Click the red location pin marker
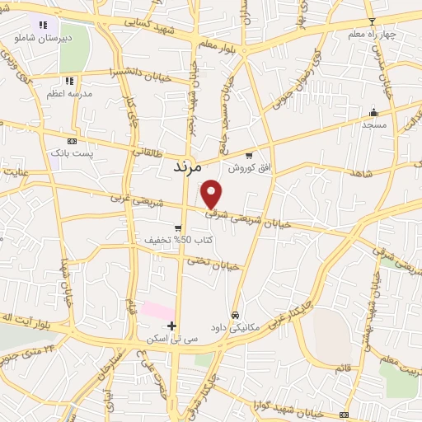[x=212, y=193]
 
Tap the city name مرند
[x=188, y=166]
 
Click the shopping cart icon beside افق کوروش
[x=249, y=155]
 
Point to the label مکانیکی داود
[x=235, y=327]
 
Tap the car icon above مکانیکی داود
[x=236, y=315]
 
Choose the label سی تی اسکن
[x=171, y=339]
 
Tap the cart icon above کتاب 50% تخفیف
[x=178, y=227]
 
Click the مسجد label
[x=373, y=124]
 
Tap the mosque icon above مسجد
[x=374, y=113]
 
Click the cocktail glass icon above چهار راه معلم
[x=372, y=21]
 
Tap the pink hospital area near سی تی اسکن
[x=152, y=310]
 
